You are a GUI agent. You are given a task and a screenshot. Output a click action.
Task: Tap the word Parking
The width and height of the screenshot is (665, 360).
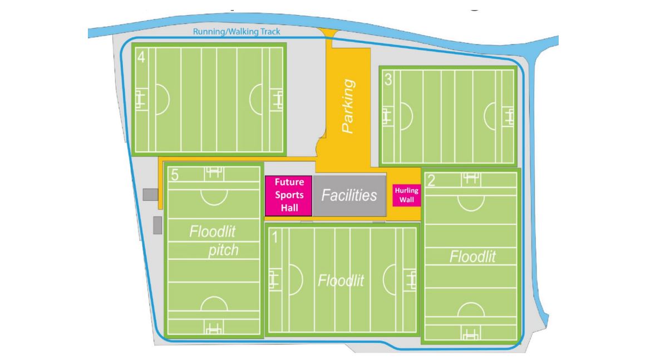348,106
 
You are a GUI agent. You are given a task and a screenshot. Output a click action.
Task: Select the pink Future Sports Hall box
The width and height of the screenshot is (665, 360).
289,195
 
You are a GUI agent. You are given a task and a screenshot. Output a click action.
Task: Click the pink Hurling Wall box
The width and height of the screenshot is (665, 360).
406,195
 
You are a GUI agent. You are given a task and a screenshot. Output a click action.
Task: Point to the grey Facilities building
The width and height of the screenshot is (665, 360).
349,195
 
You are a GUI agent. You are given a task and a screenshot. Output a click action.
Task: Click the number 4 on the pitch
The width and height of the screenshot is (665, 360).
141,57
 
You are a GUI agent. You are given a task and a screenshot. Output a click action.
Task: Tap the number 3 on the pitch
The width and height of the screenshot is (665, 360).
388,80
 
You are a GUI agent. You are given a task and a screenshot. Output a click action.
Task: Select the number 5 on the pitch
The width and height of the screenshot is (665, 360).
175,176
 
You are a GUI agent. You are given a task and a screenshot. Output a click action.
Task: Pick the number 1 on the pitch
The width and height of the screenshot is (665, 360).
274,238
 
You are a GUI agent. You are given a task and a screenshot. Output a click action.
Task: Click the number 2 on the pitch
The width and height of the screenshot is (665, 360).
431,181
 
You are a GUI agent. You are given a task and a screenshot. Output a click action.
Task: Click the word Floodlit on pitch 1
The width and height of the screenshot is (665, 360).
341,280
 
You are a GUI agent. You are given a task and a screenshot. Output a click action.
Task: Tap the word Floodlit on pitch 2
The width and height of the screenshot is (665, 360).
472,257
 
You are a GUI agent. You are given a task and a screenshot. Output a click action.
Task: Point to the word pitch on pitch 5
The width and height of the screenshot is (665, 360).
223,250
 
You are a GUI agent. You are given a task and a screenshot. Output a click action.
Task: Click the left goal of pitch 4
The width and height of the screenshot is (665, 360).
140,99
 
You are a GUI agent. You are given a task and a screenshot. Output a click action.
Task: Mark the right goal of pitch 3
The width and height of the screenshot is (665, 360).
509,116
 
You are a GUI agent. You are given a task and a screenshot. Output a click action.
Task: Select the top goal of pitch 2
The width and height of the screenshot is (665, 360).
471,178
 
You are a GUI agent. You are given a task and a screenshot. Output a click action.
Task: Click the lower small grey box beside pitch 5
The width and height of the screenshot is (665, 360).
157,225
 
